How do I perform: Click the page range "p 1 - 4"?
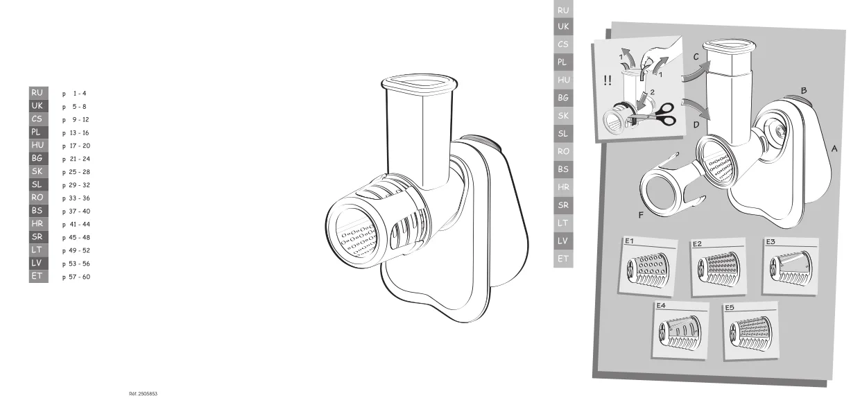point(74,94)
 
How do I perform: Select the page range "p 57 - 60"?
point(76,277)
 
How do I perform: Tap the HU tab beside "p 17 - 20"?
point(38,145)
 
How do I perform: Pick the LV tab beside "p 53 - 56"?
point(38,263)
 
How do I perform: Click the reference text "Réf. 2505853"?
point(143,393)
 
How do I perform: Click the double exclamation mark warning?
point(607,80)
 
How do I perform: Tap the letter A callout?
point(834,148)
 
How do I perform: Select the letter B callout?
point(804,91)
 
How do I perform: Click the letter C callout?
point(696,57)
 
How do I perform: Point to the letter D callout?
point(696,125)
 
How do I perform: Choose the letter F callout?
point(641,215)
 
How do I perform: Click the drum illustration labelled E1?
point(647,270)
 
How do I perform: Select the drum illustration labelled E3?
point(791,268)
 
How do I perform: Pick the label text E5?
point(730,307)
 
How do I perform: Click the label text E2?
point(697,244)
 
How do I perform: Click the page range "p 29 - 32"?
point(76,185)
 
